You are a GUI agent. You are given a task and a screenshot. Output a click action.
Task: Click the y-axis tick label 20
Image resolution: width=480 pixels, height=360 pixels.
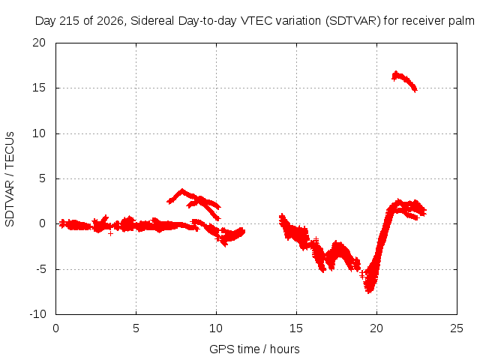[39, 43]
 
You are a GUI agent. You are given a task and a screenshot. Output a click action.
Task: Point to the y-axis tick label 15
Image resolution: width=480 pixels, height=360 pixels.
[39, 88]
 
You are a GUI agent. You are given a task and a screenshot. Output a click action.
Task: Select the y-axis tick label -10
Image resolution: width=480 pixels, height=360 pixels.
[37, 314]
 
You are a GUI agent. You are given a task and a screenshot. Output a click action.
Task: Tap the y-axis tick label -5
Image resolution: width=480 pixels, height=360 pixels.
[41, 269]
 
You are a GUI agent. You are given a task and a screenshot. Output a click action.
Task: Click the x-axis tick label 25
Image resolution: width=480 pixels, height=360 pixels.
[457, 328]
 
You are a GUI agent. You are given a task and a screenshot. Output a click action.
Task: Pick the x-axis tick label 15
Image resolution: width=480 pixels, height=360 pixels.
[296, 328]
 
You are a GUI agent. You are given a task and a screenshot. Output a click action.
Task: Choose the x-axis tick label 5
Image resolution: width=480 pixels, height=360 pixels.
[136, 328]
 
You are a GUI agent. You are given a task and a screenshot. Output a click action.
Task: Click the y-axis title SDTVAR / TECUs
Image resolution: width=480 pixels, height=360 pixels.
[10, 179]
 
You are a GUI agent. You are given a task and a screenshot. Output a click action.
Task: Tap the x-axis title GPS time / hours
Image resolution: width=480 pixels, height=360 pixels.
[254, 349]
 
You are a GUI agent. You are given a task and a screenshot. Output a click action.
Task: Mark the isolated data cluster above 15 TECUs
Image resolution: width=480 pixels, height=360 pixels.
[404, 81]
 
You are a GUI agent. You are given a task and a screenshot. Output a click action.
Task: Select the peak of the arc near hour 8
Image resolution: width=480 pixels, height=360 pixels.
[182, 190]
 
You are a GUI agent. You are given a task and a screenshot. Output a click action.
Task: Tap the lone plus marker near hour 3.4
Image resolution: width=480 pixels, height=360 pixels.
[110, 233]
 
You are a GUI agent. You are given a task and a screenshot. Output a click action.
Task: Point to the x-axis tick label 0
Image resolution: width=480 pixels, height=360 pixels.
[55, 328]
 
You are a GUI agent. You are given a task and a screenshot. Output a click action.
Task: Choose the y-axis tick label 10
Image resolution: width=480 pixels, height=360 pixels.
[39, 133]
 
